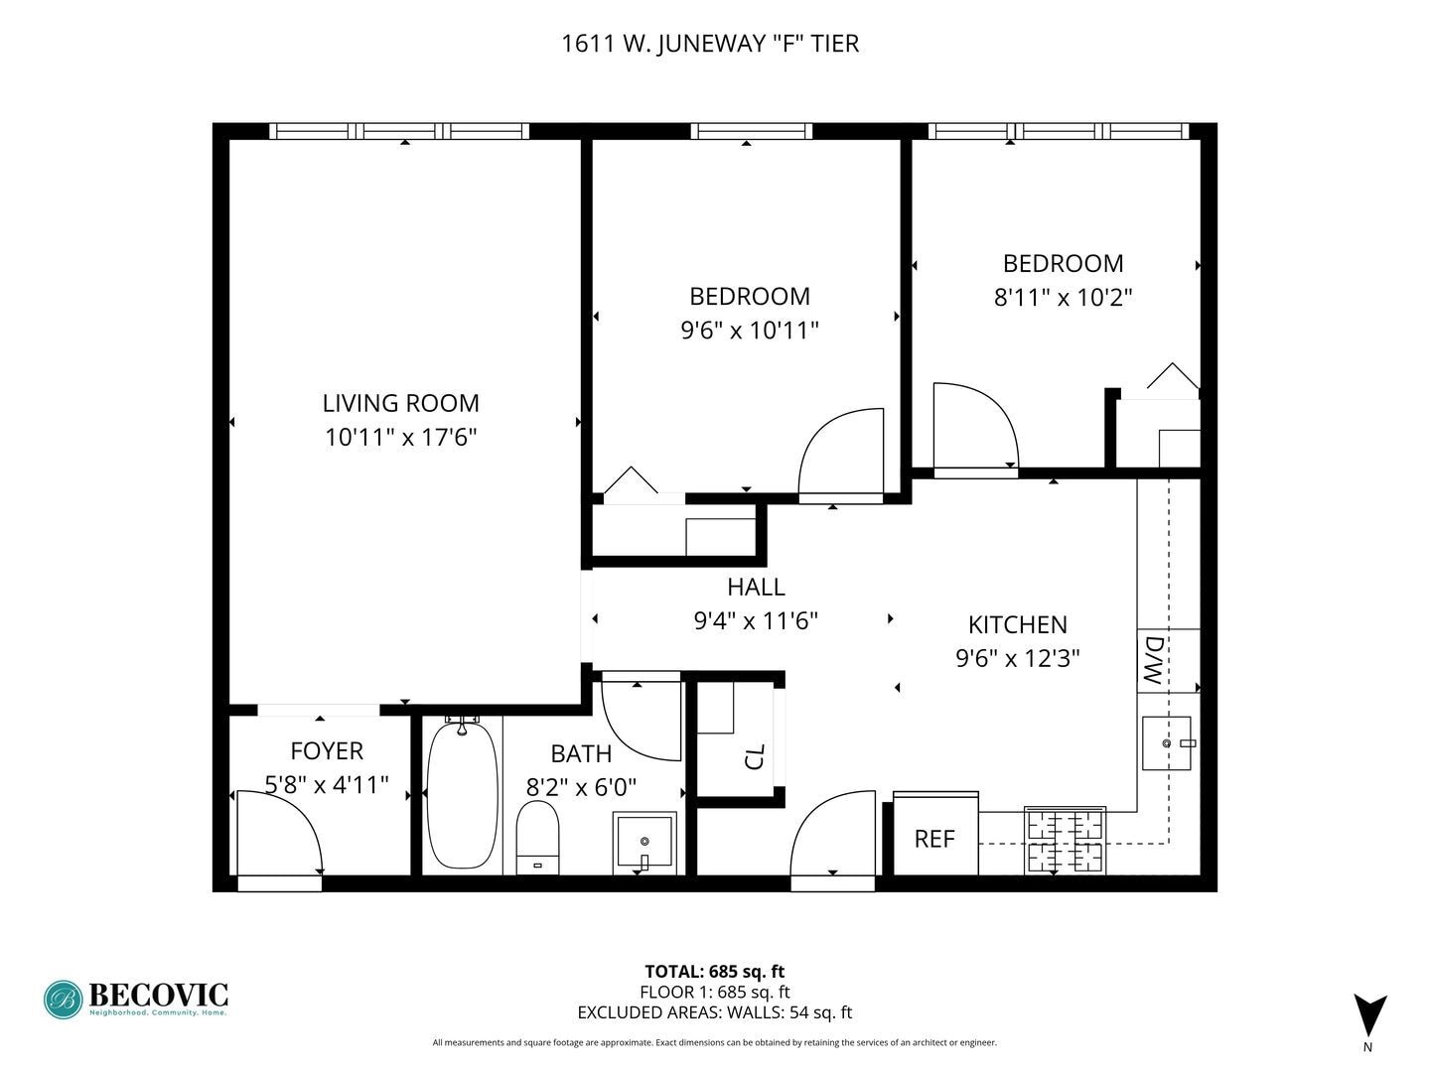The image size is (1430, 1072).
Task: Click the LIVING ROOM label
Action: click(400, 403)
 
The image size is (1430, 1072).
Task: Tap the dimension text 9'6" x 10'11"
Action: click(749, 330)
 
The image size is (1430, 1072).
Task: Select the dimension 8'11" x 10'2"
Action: click(1063, 297)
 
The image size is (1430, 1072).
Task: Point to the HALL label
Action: click(756, 587)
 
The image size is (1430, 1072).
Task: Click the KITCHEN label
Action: click(1017, 624)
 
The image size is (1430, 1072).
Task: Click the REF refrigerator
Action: click(934, 840)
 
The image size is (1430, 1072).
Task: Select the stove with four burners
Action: click(1065, 841)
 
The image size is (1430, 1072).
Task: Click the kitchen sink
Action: click(1166, 742)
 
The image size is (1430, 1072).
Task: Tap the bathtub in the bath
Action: click(462, 796)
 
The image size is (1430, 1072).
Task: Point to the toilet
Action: click(537, 836)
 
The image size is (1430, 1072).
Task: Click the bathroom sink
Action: click(644, 842)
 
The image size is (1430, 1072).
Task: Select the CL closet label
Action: click(755, 756)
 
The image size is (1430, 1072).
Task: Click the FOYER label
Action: click(326, 751)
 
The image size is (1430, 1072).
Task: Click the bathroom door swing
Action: click(641, 719)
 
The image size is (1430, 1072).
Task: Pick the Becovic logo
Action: click(136, 999)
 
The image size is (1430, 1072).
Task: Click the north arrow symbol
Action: click(1369, 1015)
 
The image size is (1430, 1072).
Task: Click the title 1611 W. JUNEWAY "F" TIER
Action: click(710, 44)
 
